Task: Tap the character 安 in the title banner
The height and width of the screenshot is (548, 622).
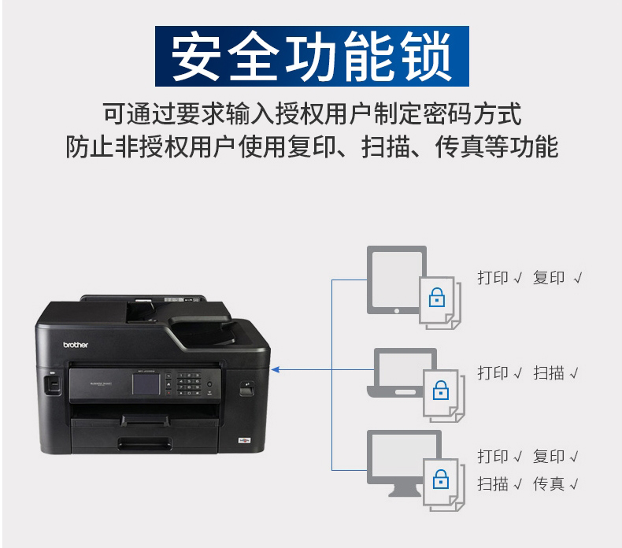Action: point(196,57)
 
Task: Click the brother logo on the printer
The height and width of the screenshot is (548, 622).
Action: point(76,345)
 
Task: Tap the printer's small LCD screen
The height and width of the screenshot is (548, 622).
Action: point(146,383)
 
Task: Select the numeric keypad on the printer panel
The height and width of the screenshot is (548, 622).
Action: point(188,384)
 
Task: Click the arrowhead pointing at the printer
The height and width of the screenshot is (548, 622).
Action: point(276,370)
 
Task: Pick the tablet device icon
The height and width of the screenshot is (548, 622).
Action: point(397,280)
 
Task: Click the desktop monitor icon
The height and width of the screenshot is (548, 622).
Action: point(404,463)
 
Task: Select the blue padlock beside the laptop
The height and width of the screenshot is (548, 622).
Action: point(441,390)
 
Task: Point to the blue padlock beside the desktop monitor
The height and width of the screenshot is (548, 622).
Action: point(441,479)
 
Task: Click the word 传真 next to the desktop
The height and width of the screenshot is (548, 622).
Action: point(549,484)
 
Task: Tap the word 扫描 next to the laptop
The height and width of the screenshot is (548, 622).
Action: point(549,373)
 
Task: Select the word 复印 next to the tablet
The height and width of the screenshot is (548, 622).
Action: point(549,278)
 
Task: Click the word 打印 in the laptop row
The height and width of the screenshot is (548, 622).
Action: point(493,373)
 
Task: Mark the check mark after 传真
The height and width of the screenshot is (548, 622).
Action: point(574,484)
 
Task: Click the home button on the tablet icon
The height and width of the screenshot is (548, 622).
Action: point(397,311)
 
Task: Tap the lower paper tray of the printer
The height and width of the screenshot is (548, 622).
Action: point(145,440)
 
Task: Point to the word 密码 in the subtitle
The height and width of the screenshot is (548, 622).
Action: point(447,114)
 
